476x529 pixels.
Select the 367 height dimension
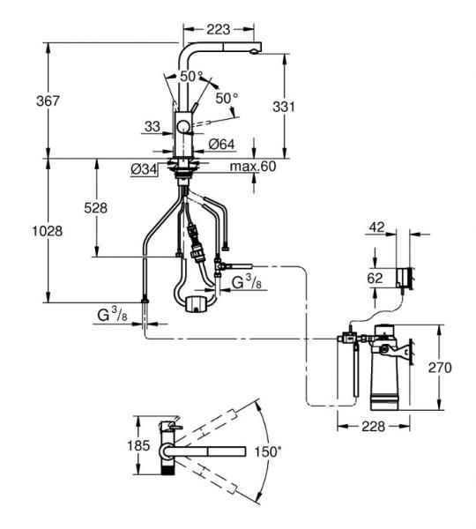23,101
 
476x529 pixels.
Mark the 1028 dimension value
27,230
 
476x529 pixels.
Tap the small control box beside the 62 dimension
403,279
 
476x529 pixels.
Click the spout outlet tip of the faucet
256,52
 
